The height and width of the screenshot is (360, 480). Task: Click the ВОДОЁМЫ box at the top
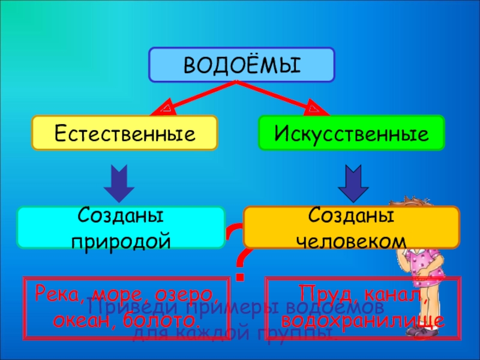tap(241, 65)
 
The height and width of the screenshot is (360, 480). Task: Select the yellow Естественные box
tap(125, 133)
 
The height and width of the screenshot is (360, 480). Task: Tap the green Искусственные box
tap(352, 133)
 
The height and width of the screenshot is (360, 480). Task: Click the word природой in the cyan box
tap(121, 241)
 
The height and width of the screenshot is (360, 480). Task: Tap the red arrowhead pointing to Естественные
tap(164, 109)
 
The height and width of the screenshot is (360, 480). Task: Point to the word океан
tap(77, 319)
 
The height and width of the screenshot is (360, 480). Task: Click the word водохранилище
tap(364, 319)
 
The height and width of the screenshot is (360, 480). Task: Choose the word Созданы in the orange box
tap(351, 216)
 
